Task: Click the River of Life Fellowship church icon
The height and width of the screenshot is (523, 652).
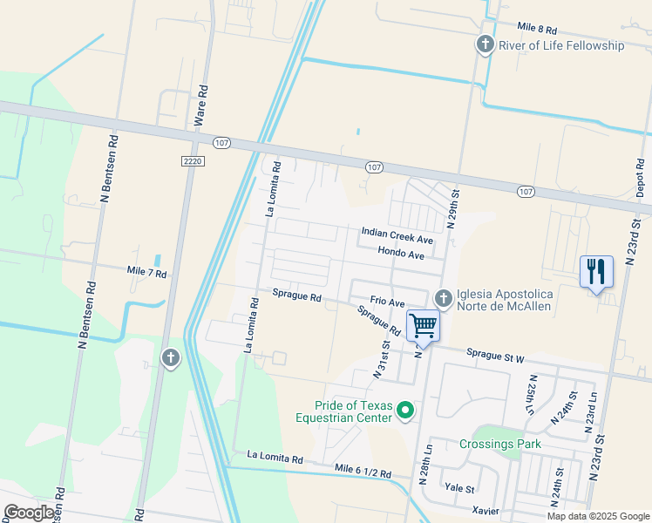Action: [486, 44]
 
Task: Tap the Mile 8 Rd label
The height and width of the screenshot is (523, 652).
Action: [542, 29]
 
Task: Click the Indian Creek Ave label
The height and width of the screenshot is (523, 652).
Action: [397, 238]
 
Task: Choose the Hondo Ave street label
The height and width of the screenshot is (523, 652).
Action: [400, 254]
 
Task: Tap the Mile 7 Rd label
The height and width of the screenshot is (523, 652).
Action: [146, 273]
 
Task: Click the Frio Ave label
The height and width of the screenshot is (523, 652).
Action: [387, 302]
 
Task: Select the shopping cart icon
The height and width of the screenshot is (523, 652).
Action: [423, 326]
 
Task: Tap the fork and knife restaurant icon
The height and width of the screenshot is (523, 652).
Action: [596, 271]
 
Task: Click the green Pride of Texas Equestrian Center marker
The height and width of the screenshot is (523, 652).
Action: [405, 409]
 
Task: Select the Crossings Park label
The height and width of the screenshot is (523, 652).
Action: [499, 444]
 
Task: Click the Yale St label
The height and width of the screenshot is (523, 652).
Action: [458, 488]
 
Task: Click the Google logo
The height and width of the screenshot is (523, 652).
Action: [30, 512]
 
